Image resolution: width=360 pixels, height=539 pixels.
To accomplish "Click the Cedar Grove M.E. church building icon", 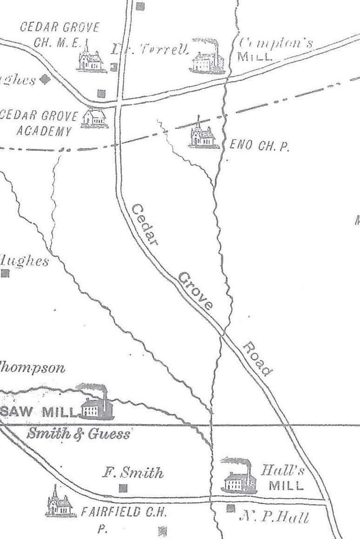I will [90, 60].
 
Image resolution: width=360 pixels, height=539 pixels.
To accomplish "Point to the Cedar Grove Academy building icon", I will [95, 118].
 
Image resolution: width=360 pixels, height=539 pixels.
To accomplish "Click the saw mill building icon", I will [97, 406].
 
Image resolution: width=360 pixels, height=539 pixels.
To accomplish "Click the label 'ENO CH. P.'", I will [260, 145].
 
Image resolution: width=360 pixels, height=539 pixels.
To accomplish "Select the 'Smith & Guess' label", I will [78, 434].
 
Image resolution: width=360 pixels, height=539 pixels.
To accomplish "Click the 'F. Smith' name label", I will [133, 473].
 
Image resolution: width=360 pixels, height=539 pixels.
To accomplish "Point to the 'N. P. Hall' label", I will [274, 517].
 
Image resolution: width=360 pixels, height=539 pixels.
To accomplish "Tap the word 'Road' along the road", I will [257, 359].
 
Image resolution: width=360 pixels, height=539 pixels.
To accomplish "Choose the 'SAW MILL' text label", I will [39, 412].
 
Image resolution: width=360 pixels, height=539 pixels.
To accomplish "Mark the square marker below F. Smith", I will [123, 488].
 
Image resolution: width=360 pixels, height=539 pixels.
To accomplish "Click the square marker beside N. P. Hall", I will [231, 508].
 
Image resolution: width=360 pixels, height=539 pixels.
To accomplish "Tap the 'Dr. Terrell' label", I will [150, 49].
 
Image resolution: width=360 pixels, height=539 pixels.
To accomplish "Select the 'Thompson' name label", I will [32, 368].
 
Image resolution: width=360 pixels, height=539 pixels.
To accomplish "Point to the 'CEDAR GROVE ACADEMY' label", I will [40, 123].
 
